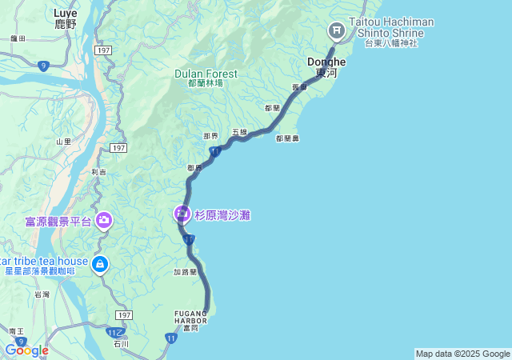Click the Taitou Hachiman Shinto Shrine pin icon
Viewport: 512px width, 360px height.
tap(336, 31)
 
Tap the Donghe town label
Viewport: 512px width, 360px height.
tap(326, 62)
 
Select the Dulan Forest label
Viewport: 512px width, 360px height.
tap(206, 74)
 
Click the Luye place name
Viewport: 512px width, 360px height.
tap(65, 14)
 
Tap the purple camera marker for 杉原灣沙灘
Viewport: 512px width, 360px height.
tap(182, 214)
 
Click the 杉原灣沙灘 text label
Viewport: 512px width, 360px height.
tap(222, 215)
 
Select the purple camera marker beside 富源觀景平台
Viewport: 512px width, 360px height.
tap(104, 220)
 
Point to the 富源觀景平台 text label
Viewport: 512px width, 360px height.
tap(58, 221)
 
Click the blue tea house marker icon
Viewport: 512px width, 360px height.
tap(99, 264)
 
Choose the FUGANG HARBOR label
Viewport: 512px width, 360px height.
tap(190, 318)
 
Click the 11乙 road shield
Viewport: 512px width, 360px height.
tap(116, 331)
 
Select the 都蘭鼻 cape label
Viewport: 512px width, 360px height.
tap(287, 138)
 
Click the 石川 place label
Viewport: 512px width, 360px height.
tap(121, 345)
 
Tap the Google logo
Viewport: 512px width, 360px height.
tap(26, 350)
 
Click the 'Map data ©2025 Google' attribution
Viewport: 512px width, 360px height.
tap(462, 354)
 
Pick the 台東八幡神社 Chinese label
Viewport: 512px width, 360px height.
tap(391, 43)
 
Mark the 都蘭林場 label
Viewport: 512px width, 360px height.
tap(206, 83)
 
